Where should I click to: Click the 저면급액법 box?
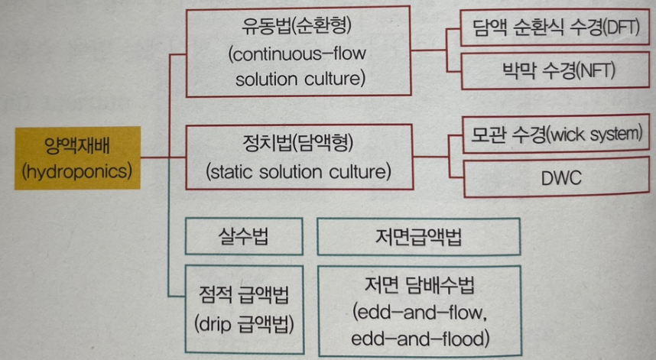point(418,237)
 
